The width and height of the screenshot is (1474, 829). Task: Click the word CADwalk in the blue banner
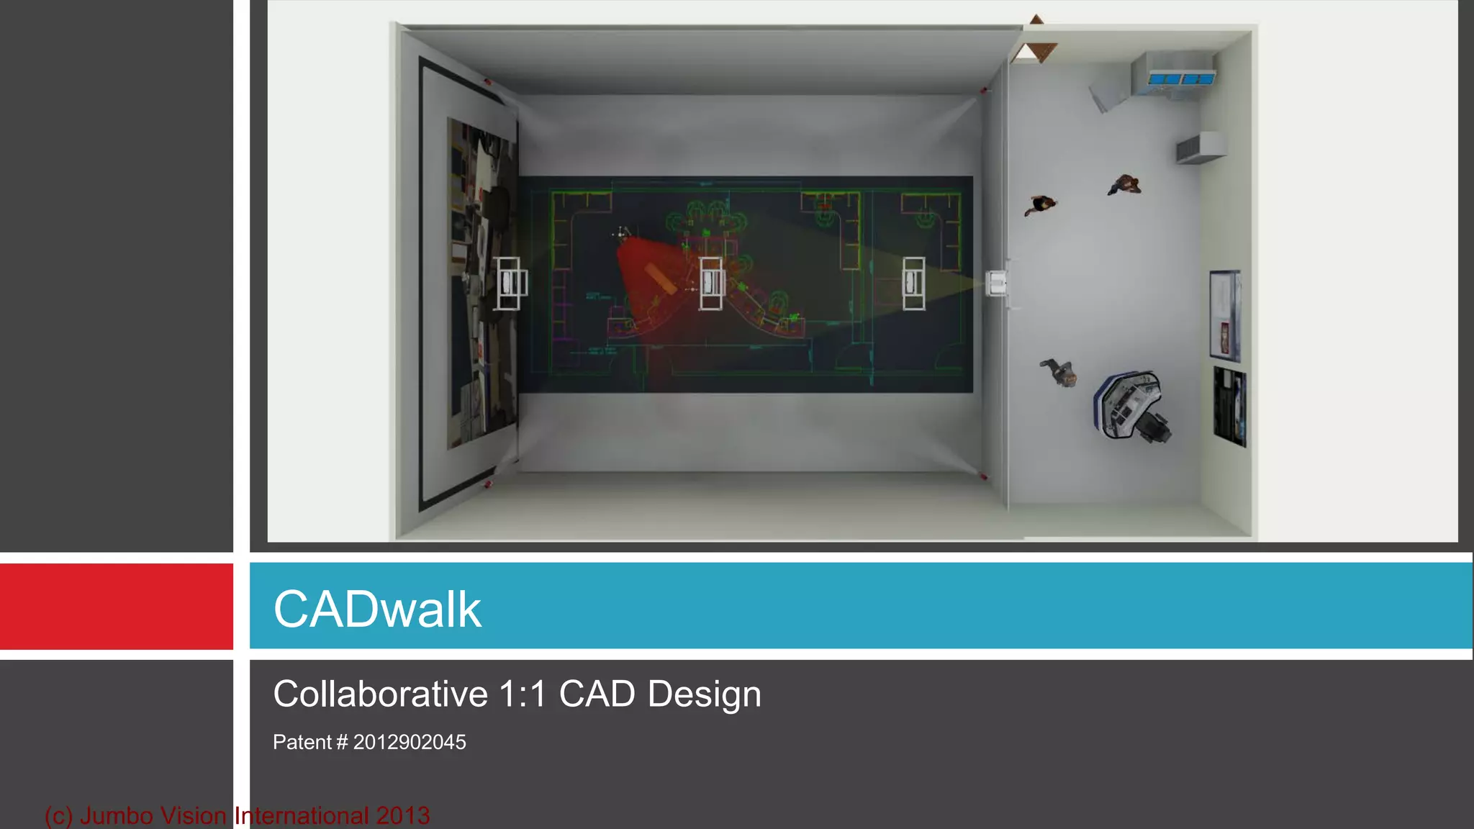pyautogui.click(x=377, y=610)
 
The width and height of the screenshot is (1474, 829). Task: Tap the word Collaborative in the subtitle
pyautogui.click(x=380, y=694)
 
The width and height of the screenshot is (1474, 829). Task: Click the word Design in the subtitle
pyautogui.click(x=704, y=694)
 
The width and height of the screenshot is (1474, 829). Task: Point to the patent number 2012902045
pyautogui.click(x=409, y=742)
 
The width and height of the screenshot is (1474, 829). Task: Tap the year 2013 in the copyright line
pyautogui.click(x=402, y=815)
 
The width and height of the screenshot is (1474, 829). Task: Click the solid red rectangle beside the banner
pyautogui.click(x=116, y=606)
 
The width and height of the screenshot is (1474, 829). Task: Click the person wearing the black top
pyautogui.click(x=1040, y=205)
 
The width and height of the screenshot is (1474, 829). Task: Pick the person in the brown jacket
pyautogui.click(x=1124, y=185)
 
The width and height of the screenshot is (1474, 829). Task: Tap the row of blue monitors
pyautogui.click(x=1181, y=78)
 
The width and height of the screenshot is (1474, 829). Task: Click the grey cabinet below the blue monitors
pyautogui.click(x=1200, y=148)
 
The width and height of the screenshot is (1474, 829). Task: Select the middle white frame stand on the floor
pyautogui.click(x=711, y=284)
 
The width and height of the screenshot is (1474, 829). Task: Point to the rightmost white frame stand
pyautogui.click(x=914, y=284)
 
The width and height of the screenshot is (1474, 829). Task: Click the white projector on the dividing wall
pyautogui.click(x=997, y=284)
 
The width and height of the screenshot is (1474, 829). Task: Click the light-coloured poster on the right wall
pyautogui.click(x=1224, y=314)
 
